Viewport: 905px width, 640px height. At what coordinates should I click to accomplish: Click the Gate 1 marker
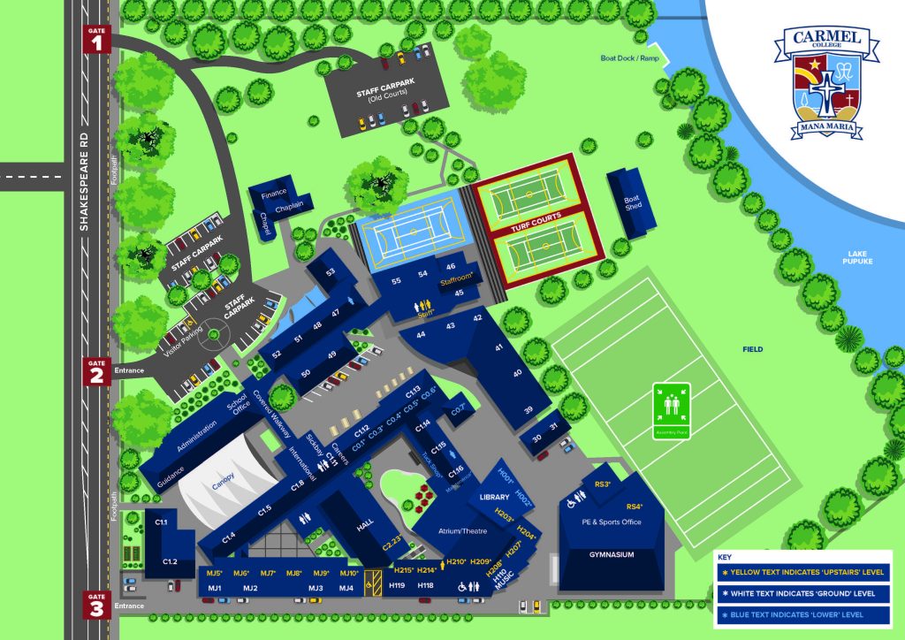click(96, 38)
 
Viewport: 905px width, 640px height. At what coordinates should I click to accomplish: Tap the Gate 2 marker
click(96, 371)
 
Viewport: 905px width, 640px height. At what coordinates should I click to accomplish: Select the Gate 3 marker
click(96, 605)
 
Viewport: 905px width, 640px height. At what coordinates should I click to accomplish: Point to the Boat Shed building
click(631, 202)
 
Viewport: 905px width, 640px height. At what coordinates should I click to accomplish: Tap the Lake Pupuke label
click(856, 258)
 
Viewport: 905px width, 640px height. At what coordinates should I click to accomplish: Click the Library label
click(494, 498)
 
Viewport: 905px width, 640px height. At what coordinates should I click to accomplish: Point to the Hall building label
click(366, 524)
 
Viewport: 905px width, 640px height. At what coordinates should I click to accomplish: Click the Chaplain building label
click(289, 205)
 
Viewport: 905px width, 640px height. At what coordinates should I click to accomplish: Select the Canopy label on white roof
click(224, 484)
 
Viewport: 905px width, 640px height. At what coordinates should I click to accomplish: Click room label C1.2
click(171, 561)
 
